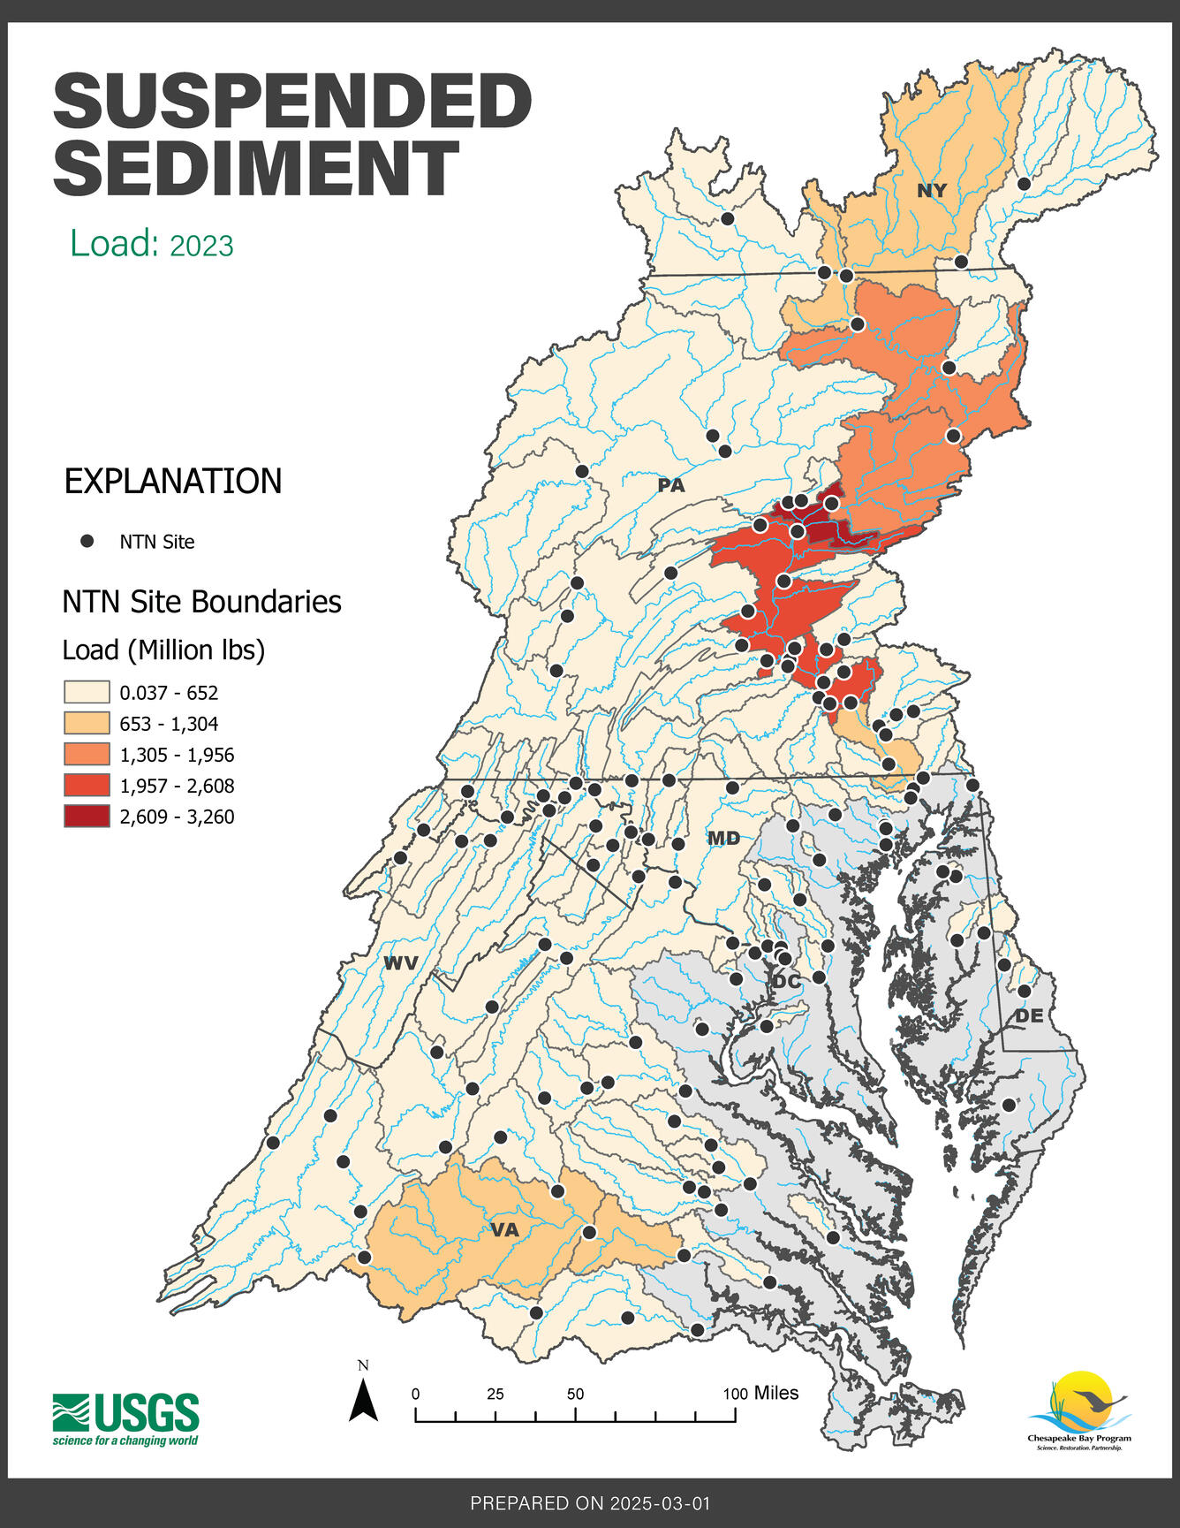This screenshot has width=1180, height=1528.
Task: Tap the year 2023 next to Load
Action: tap(201, 246)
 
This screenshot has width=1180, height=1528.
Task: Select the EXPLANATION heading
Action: tap(173, 482)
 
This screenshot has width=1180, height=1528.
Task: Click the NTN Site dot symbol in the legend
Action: tap(87, 542)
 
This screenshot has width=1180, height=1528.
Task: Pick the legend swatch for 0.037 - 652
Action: tap(86, 692)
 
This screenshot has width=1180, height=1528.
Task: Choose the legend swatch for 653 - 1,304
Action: tap(86, 723)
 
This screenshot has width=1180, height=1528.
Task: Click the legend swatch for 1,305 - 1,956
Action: tap(86, 754)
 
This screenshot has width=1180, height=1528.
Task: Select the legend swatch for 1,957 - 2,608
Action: tap(86, 785)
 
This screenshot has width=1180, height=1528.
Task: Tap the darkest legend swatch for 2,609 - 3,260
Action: tap(86, 816)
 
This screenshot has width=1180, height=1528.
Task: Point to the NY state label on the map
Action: tap(931, 191)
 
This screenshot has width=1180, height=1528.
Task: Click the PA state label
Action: tap(671, 485)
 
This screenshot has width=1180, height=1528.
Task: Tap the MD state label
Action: tap(723, 838)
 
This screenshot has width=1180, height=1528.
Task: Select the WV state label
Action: tap(400, 963)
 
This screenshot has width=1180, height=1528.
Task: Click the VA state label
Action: tap(504, 1229)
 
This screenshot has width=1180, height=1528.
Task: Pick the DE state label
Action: tap(1029, 1016)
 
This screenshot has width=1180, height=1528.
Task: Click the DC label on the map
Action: tap(786, 981)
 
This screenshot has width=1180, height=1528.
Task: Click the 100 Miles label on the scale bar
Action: tap(760, 1394)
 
